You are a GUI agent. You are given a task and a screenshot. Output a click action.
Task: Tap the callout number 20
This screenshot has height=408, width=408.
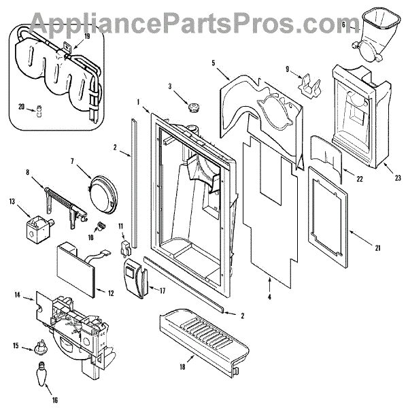[x=21, y=107]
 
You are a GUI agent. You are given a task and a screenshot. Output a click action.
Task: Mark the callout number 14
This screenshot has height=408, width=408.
[x=18, y=294]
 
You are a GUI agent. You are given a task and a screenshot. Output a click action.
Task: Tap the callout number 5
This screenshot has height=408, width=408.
[x=213, y=63]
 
